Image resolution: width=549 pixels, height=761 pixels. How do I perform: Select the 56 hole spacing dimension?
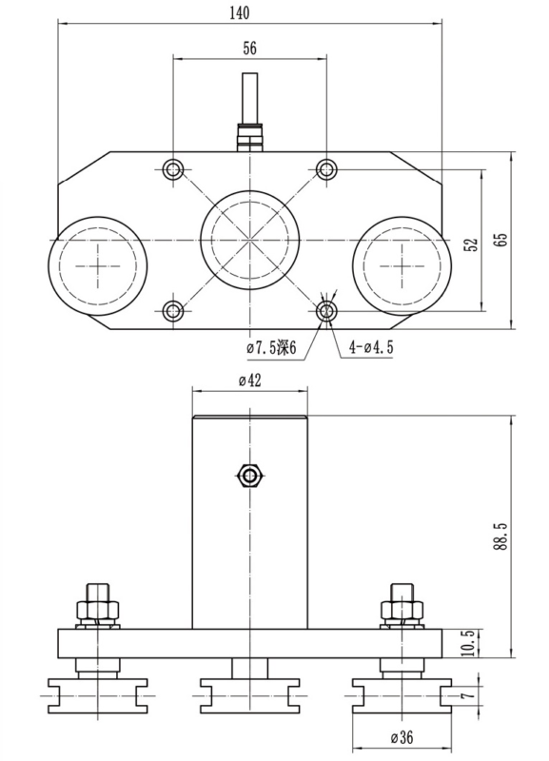click(x=249, y=49)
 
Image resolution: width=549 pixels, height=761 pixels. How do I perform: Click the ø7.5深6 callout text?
click(x=271, y=348)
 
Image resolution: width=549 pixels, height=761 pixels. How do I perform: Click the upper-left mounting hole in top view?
click(x=173, y=169)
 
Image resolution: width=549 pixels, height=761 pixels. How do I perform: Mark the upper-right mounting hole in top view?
click(x=326, y=169)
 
